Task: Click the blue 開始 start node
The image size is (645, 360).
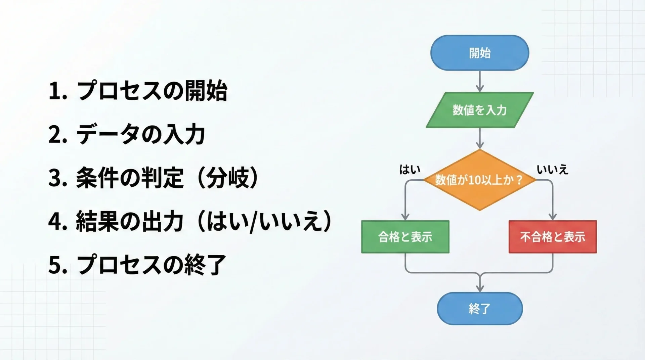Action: [x=480, y=53]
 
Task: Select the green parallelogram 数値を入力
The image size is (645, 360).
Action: [x=480, y=110]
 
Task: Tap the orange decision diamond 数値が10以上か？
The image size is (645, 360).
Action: [x=480, y=180]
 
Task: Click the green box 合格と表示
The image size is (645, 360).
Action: [x=405, y=237]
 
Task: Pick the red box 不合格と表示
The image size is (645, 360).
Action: [x=553, y=237]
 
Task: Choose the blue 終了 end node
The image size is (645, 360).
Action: [x=480, y=308]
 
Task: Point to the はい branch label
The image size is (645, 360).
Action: [x=410, y=170]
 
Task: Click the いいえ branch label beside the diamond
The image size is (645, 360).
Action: [x=552, y=170]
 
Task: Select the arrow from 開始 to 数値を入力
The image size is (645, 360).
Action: [x=480, y=81]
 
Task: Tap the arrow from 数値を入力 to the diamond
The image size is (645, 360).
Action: [x=480, y=138]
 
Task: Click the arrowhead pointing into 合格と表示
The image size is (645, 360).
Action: [x=405, y=217]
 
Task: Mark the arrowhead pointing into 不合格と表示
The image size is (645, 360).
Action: [x=553, y=217]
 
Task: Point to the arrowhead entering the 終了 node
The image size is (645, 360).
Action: [x=480, y=288]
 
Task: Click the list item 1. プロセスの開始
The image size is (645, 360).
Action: [x=138, y=91]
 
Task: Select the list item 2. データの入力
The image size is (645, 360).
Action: [x=127, y=134]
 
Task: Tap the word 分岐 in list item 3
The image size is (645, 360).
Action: [x=228, y=178]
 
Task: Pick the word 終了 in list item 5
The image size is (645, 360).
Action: [x=205, y=265]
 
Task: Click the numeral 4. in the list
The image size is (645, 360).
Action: [x=58, y=222]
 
